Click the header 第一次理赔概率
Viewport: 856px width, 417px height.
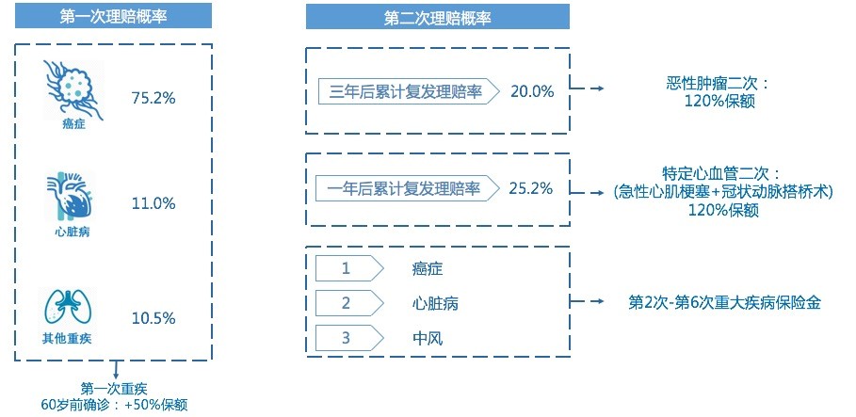coord(113,16)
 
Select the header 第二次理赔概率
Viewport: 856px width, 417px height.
coord(437,17)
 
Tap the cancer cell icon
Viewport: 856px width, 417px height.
coord(73,90)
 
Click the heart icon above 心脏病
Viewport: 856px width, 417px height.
coord(71,197)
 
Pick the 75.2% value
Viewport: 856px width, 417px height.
coord(153,98)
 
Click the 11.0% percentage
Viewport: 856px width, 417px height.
coord(153,203)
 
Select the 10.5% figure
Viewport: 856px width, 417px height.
coord(153,318)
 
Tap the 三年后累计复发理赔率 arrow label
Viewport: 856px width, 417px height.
coord(409,91)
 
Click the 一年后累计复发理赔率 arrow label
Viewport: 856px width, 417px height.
coord(408,189)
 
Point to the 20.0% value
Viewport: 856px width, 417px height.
coord(532,91)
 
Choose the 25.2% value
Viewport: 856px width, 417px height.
coord(531,189)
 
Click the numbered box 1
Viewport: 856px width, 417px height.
coord(350,269)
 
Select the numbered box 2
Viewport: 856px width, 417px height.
coord(350,303)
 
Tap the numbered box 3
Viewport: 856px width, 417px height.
coord(350,338)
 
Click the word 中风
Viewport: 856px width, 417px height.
coord(428,339)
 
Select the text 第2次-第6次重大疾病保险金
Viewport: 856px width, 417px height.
coord(724,303)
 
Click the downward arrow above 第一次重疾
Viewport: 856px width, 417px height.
coord(115,370)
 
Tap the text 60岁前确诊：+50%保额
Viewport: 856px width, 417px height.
coord(114,406)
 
